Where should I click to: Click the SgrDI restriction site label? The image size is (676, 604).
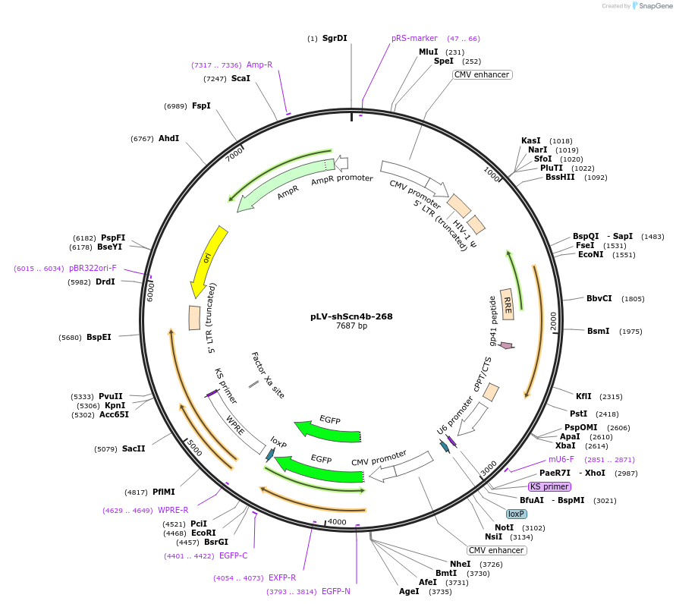[x=335, y=38]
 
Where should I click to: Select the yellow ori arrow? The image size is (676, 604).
[x=206, y=260]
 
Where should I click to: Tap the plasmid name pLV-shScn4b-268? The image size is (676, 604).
[x=351, y=316]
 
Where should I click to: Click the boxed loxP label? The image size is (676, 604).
[x=517, y=514]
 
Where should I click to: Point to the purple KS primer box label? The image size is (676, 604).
[x=550, y=486]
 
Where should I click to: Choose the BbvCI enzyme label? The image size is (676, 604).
[x=599, y=298]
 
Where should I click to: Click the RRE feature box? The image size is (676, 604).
[x=508, y=304]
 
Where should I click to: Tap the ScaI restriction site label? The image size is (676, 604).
[x=241, y=78]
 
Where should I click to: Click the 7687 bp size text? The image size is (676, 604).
[x=351, y=326]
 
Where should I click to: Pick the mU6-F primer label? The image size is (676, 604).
[x=561, y=459]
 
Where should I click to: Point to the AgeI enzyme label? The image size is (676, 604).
[x=409, y=591]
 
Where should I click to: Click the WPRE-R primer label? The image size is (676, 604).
[x=173, y=510]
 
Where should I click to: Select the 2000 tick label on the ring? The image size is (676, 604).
[x=554, y=320]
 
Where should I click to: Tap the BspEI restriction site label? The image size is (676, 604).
[x=99, y=337]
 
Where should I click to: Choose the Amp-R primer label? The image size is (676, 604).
[x=259, y=64]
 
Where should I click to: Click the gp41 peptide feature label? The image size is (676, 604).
[x=492, y=320]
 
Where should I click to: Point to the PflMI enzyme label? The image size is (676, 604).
[x=164, y=492]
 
